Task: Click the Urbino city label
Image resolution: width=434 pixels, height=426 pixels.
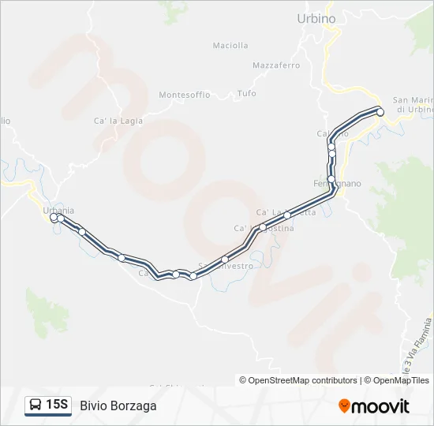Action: [x=316, y=19]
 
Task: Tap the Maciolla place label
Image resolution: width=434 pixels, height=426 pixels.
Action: [x=230, y=46]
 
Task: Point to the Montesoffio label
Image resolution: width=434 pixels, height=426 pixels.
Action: [x=185, y=95]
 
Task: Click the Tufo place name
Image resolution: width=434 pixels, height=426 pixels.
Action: [x=246, y=93]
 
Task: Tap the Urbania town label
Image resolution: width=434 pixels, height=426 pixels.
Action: [x=59, y=210]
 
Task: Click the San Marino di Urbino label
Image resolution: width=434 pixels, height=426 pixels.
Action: [x=413, y=104]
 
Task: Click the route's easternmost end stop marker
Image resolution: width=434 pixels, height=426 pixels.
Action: [x=380, y=112]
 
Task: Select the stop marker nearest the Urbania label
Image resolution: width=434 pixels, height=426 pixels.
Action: [x=54, y=218]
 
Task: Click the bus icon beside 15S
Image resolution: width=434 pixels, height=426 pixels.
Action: [x=36, y=405]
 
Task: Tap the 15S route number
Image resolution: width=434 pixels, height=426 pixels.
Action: [x=57, y=405]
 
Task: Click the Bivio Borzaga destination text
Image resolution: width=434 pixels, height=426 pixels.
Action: [x=118, y=405]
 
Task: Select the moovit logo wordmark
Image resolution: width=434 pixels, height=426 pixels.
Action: [x=380, y=406]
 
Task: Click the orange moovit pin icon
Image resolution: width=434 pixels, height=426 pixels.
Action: [x=344, y=406]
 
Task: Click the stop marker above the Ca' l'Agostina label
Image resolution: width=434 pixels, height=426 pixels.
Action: [x=264, y=227]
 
